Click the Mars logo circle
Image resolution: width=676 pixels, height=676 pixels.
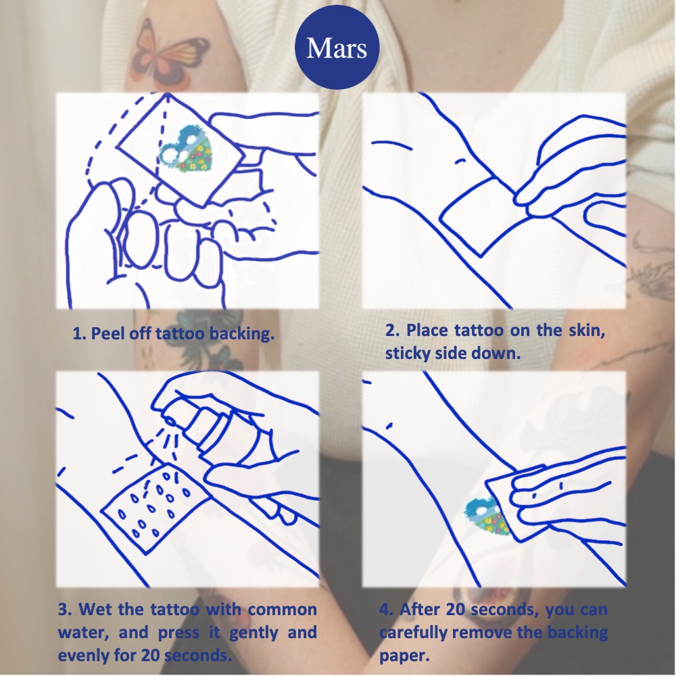click(x=337, y=47)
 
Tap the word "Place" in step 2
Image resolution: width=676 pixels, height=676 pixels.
click(x=425, y=331)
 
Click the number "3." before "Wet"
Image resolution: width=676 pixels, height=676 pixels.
click(x=65, y=610)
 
